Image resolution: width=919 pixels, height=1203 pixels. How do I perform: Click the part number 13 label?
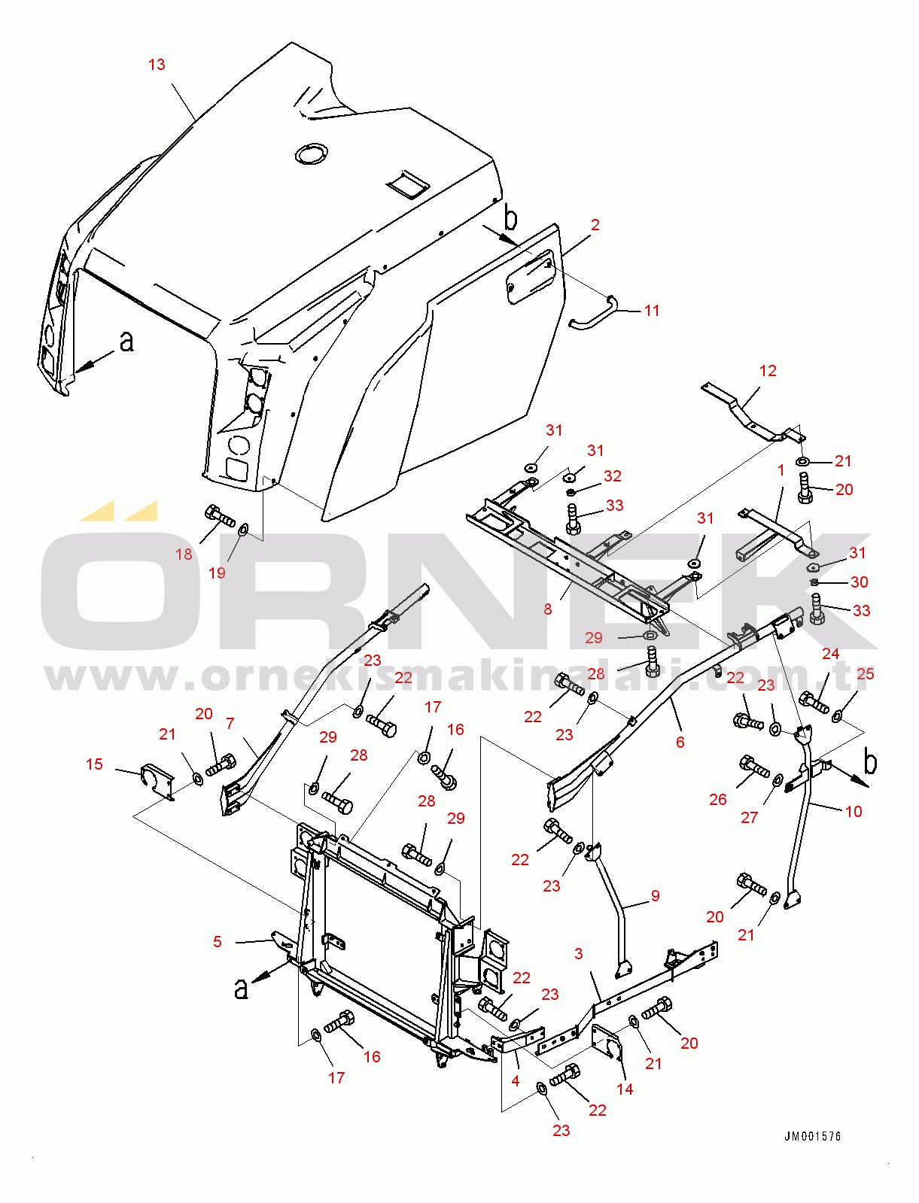pos(157,65)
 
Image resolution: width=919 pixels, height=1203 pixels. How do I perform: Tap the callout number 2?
pos(595,225)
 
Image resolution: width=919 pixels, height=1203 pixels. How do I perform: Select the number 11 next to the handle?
pos(651,311)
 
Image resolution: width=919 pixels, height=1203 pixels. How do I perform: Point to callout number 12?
pos(768,371)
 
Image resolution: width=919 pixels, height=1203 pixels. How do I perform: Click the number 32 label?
pos(613,475)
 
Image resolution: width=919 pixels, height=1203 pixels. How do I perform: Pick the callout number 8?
pos(547,609)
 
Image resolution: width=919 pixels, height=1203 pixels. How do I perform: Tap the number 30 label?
pos(860,582)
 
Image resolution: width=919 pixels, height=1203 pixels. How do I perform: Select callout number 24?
pos(831,653)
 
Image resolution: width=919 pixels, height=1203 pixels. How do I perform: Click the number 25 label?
pos(866,673)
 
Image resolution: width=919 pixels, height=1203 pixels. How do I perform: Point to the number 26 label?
pos(718,800)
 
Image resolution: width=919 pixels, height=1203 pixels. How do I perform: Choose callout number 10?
pos(854,811)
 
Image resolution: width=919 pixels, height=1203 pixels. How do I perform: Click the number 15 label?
pos(94,764)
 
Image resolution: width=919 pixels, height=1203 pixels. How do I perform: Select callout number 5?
pos(217,942)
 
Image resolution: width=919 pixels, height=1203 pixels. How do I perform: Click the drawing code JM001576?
pos(812,1136)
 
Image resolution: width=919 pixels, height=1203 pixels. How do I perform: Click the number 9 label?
pos(656,895)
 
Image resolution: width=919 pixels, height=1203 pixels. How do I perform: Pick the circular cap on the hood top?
pos(310,154)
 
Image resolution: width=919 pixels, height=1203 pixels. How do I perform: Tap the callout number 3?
pos(579,954)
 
